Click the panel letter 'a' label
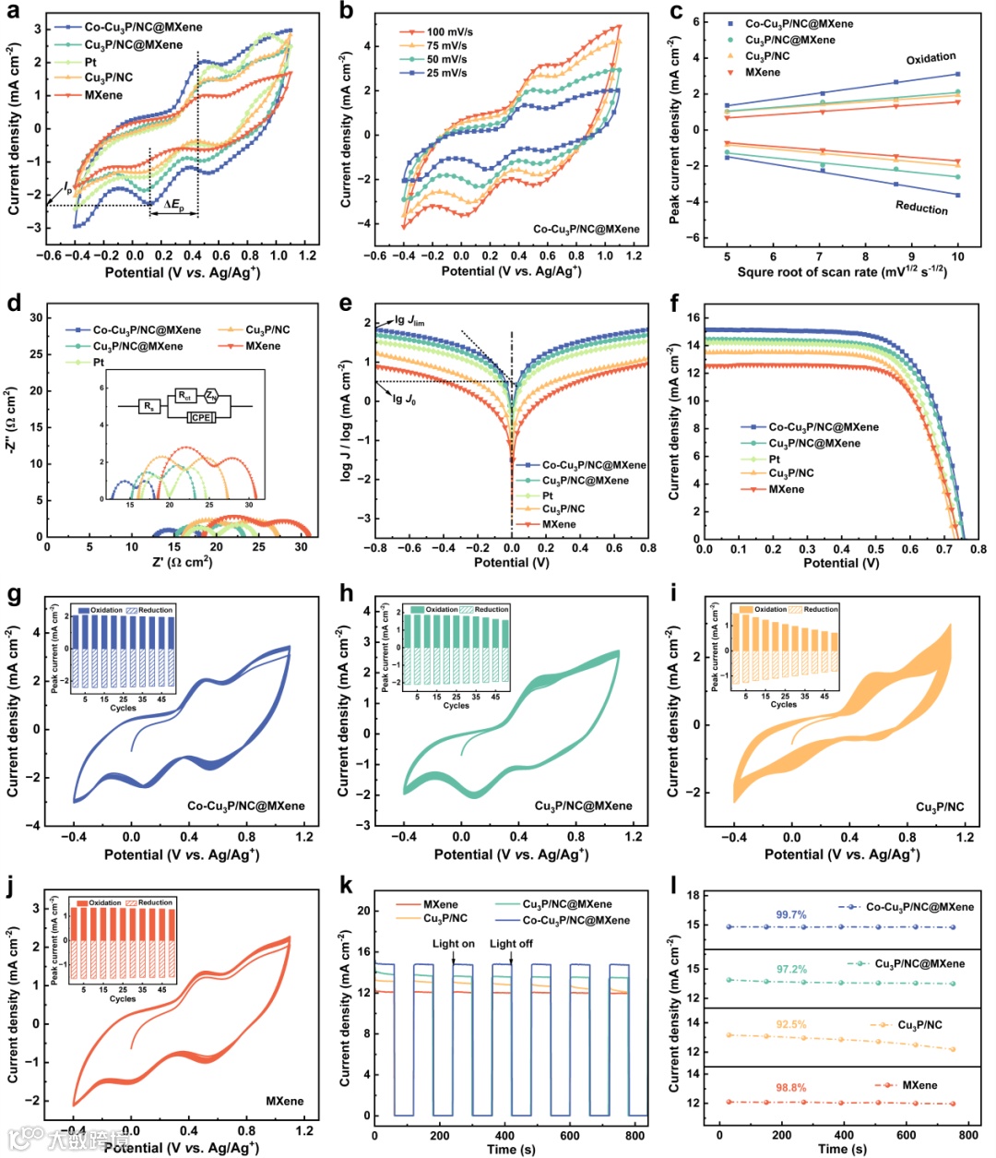point(15,12)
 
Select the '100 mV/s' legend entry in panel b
point(449,32)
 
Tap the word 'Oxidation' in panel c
point(931,58)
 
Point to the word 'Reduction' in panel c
point(921,208)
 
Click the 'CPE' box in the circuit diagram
point(200,418)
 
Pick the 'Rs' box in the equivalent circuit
point(149,406)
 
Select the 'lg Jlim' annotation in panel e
point(409,321)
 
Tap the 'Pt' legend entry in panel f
point(775,459)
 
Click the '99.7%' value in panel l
point(790,915)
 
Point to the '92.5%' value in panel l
point(790,1024)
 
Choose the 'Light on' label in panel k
point(454,944)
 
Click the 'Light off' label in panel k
point(511,944)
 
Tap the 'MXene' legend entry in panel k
point(440,905)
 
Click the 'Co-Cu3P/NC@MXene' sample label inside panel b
point(586,229)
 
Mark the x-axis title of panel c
point(842,272)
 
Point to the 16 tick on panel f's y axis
point(693,317)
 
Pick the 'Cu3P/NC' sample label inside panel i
point(940,807)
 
